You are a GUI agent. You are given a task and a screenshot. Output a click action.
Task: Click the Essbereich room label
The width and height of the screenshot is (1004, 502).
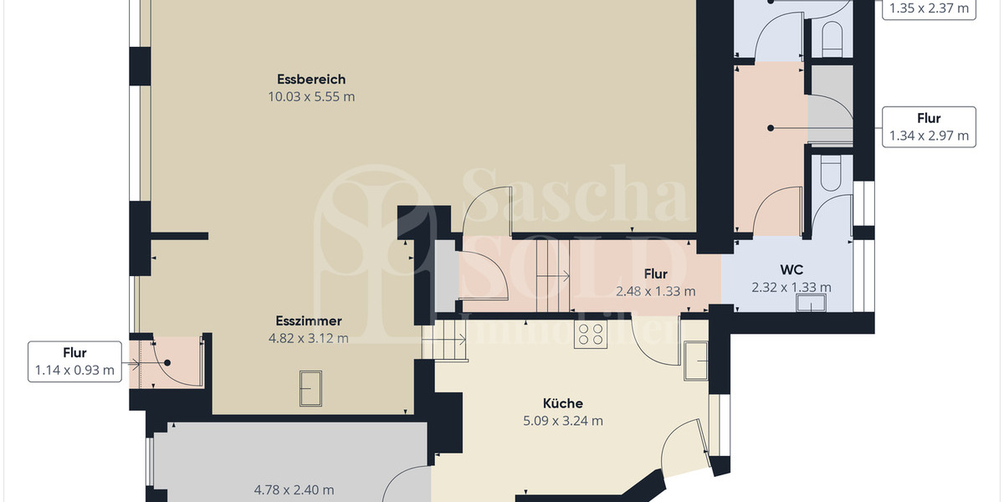coord(311,79)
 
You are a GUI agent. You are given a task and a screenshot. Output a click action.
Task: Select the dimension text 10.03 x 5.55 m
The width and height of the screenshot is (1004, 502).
coord(311,96)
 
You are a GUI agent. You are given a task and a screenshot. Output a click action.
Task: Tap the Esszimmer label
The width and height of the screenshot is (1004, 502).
coord(309,320)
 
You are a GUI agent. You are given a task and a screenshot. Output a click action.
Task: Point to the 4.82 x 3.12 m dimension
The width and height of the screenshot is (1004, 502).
coord(309,338)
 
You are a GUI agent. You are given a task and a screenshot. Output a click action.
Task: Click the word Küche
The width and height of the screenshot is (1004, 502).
coord(562,403)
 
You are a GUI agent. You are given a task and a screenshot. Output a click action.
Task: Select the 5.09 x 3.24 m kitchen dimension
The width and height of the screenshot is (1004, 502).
coord(562,421)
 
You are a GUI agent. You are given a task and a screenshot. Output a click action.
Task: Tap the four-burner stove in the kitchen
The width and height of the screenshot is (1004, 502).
coord(590,334)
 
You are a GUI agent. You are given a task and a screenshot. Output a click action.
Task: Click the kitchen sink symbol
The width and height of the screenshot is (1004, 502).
coord(695,361)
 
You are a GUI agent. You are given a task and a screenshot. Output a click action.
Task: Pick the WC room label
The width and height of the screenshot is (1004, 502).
coord(791,270)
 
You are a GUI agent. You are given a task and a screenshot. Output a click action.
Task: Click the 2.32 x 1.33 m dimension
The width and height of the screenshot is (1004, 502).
coord(791,288)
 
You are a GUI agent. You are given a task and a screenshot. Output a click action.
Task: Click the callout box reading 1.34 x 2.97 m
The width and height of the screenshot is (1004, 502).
coord(929,127)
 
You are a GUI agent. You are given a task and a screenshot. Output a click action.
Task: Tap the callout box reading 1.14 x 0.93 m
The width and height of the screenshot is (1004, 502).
coord(74,362)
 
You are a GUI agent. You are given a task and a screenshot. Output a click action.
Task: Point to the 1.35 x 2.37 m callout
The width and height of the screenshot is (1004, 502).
coord(929,8)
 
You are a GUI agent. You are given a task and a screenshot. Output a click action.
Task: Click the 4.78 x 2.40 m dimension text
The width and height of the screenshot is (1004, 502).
coord(294,489)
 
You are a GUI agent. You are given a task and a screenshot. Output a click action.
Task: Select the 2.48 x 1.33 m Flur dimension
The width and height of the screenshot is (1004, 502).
coord(655,291)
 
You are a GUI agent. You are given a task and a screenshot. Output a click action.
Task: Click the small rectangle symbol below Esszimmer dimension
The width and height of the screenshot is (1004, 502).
coord(310,388)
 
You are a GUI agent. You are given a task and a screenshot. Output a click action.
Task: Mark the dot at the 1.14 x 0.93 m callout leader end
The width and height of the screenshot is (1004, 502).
coord(167,363)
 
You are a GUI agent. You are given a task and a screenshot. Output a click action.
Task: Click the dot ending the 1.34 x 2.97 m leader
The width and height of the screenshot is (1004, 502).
coord(771,128)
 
